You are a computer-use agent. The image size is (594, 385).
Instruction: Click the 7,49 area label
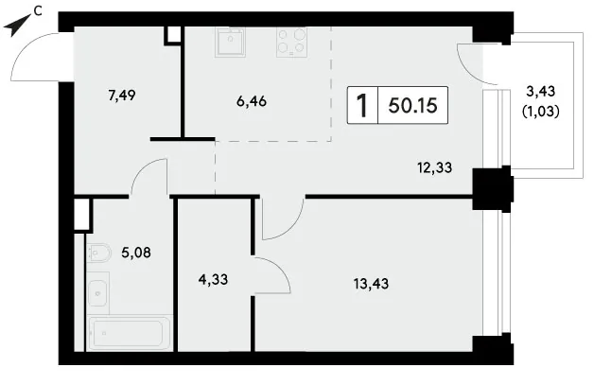point(122,96)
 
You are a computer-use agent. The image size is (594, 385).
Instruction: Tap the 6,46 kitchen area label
point(252,101)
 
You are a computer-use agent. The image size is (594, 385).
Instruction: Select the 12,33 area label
point(434,167)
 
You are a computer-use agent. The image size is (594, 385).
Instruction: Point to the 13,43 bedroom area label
point(371,283)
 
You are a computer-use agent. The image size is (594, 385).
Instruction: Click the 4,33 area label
point(213,279)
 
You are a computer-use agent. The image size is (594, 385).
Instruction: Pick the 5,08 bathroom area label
point(136,252)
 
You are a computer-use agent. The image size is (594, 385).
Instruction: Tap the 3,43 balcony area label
point(541,91)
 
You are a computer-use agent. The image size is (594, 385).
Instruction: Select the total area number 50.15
point(413,105)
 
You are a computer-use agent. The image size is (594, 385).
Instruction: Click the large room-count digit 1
point(362,105)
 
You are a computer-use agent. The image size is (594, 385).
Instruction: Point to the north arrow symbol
point(17,26)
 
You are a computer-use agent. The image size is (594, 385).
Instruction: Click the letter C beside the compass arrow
point(38,11)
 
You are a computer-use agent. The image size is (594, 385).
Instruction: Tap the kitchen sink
point(230,42)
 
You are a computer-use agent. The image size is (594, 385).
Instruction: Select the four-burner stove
point(291,42)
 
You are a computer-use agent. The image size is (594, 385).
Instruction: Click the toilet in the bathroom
point(99,253)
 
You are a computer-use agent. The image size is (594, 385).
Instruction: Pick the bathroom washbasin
point(98,293)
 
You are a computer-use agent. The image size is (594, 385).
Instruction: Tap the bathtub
point(130,333)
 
